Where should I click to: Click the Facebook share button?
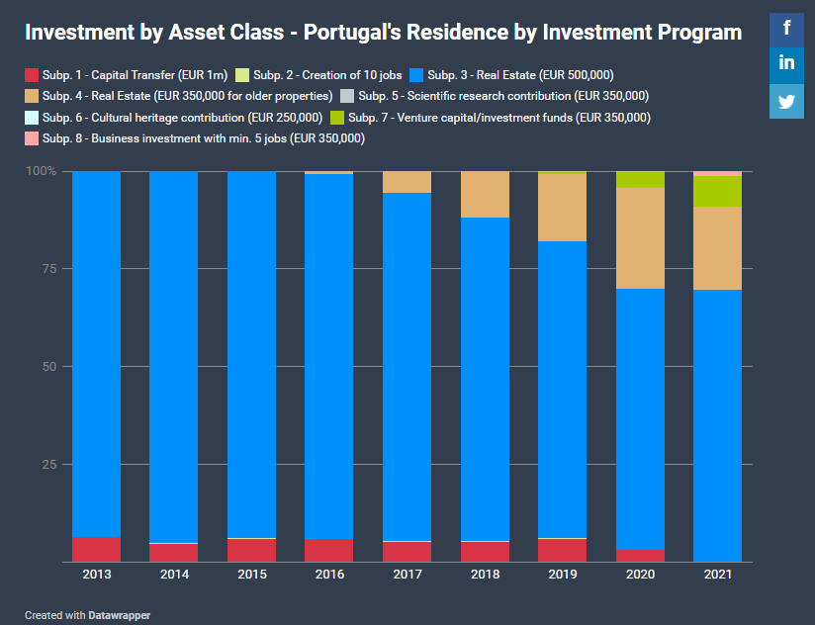pyautogui.click(x=786, y=28)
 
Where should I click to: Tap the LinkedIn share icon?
pyautogui.click(x=786, y=64)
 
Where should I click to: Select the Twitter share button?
pyautogui.click(x=786, y=101)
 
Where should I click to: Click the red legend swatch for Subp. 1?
pyautogui.click(x=32, y=75)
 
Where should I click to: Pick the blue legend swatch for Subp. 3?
pyautogui.click(x=416, y=75)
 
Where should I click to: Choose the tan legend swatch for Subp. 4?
pyautogui.click(x=32, y=96)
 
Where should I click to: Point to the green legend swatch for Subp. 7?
pyautogui.click(x=337, y=118)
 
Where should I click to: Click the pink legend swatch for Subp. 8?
pyautogui.click(x=32, y=138)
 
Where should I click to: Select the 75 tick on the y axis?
pyautogui.click(x=48, y=269)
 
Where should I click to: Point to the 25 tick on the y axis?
pyautogui.click(x=48, y=465)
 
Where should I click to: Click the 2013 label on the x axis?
pyautogui.click(x=97, y=575)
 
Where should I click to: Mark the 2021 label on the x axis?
pyautogui.click(x=717, y=575)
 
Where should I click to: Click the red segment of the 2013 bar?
pyautogui.click(x=97, y=549)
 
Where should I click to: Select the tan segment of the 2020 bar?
pyautogui.click(x=640, y=237)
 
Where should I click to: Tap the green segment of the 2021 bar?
pyautogui.click(x=717, y=191)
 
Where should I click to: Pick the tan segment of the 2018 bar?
pyautogui.click(x=485, y=194)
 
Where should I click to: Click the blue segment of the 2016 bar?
pyautogui.click(x=329, y=356)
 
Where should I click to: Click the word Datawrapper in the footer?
pyautogui.click(x=119, y=615)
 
